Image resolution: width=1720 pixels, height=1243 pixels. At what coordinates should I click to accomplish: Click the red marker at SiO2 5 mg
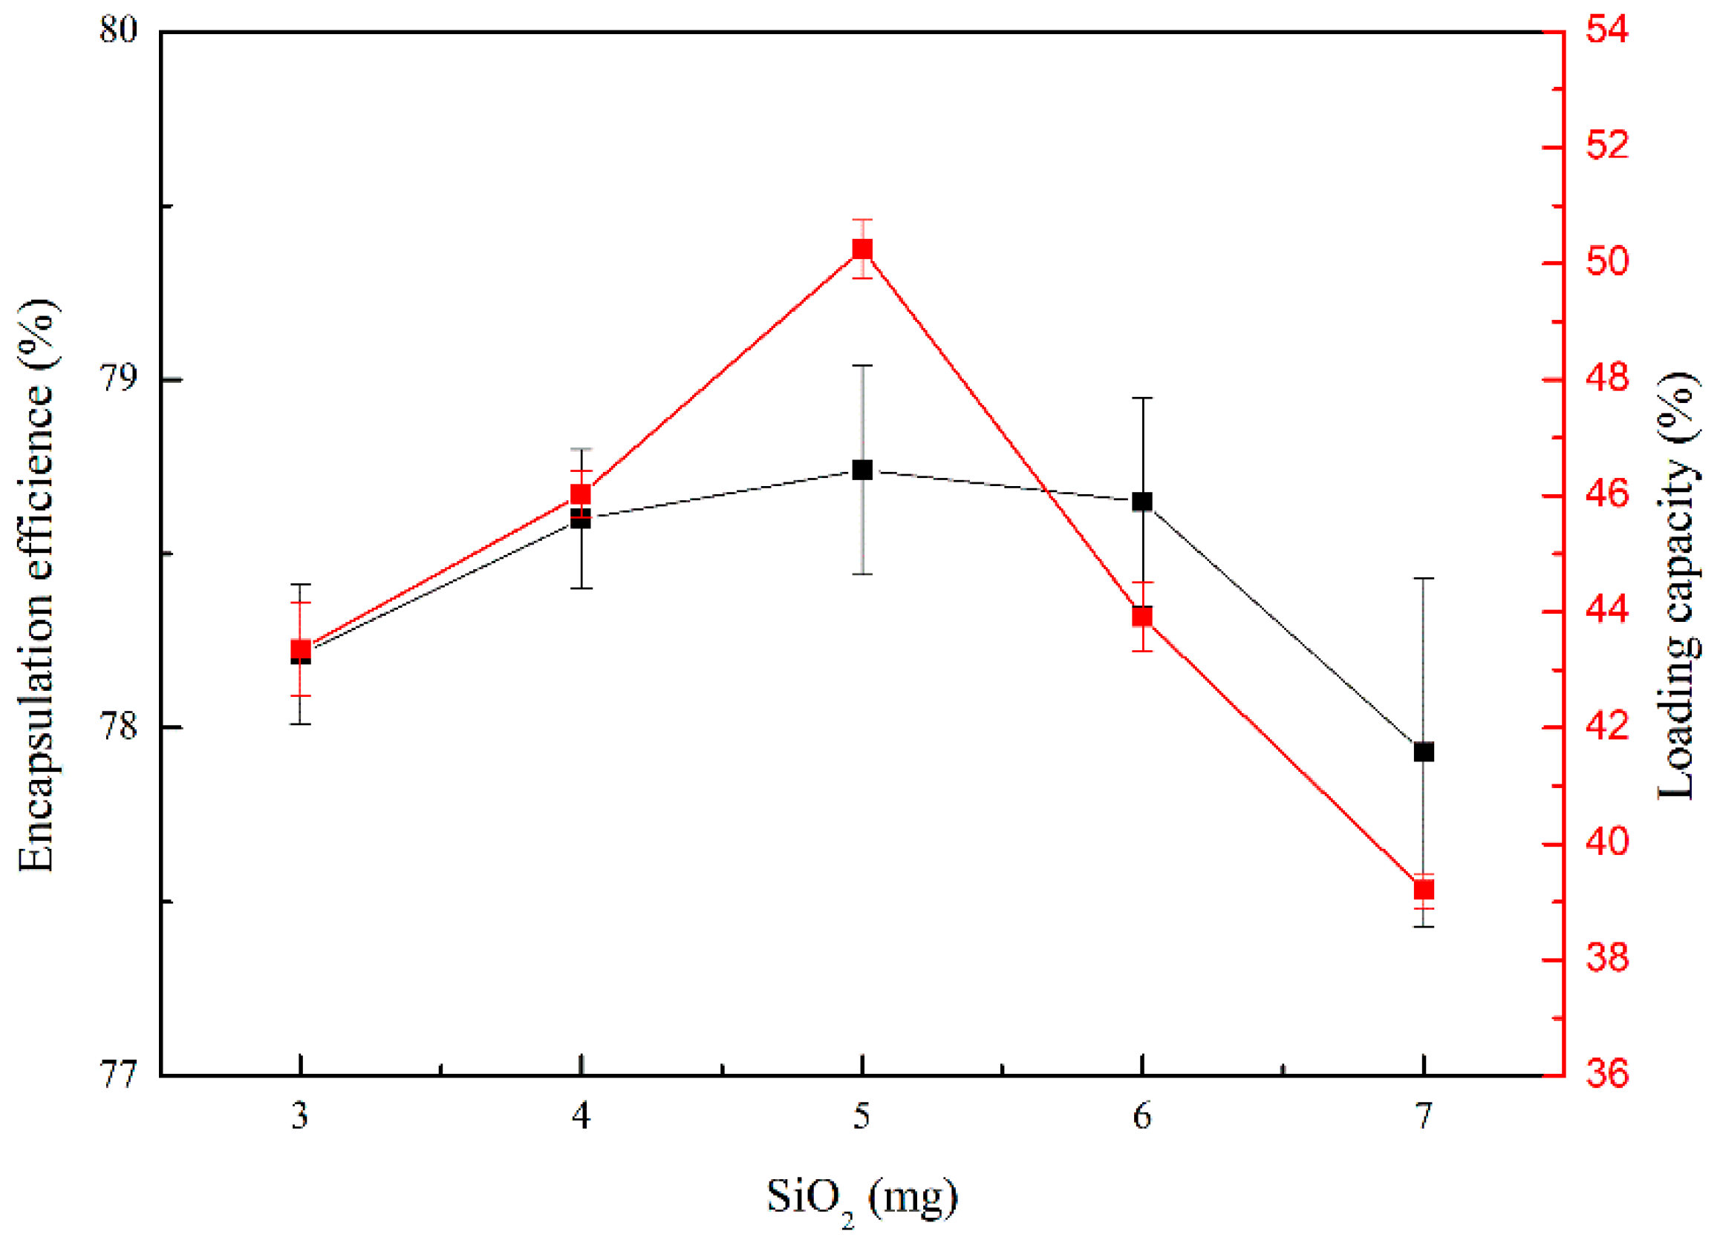(x=861, y=249)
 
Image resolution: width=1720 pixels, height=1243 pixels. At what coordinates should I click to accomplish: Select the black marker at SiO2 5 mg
(x=861, y=469)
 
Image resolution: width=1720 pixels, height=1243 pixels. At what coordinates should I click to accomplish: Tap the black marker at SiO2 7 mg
(x=1424, y=752)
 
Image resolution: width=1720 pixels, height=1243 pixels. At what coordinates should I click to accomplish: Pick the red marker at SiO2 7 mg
(x=1424, y=889)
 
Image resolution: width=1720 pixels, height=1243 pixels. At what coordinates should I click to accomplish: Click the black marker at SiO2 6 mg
(x=1142, y=501)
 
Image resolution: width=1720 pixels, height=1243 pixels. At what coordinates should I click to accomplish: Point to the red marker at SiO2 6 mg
(x=1142, y=616)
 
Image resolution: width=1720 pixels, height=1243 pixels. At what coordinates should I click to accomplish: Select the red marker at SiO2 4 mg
(x=580, y=494)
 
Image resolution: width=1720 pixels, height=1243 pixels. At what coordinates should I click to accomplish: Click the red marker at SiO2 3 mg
(x=300, y=649)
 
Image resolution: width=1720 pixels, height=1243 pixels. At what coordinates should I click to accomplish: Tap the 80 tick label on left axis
(x=119, y=32)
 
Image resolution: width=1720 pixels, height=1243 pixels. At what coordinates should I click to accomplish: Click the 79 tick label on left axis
(x=119, y=379)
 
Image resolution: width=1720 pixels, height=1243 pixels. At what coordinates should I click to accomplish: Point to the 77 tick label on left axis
(x=119, y=1075)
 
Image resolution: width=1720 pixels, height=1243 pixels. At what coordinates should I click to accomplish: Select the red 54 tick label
(x=1607, y=32)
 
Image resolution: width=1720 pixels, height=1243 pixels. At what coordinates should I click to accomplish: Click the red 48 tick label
(x=1607, y=379)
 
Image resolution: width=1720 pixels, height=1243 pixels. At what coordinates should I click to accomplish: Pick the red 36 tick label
(x=1607, y=1075)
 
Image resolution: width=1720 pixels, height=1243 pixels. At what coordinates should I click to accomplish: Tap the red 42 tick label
(x=1607, y=727)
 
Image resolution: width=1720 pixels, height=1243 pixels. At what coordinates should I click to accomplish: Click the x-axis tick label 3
(x=300, y=1116)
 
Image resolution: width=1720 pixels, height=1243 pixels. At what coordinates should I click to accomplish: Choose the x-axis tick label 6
(x=1142, y=1116)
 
